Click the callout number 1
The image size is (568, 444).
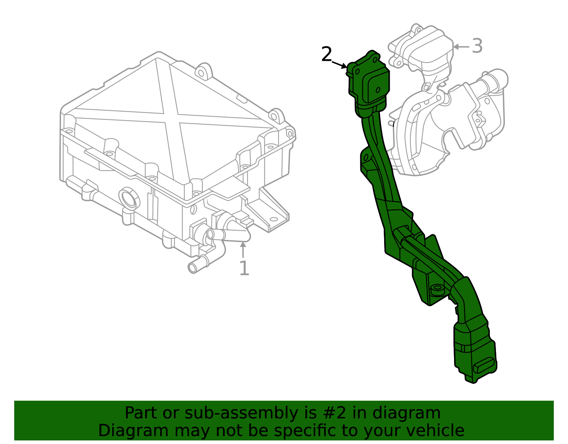pos(244,268)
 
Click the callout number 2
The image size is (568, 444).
pos(326,54)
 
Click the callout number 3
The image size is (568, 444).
pos(477,46)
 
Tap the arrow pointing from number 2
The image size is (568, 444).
pos(339,64)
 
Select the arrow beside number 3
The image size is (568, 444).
pos(461,47)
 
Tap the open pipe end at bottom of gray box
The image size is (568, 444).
pos(192,268)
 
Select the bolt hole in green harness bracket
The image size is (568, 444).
pos(437,288)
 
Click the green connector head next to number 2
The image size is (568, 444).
pos(369,82)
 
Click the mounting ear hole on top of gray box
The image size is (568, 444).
pos(201,73)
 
